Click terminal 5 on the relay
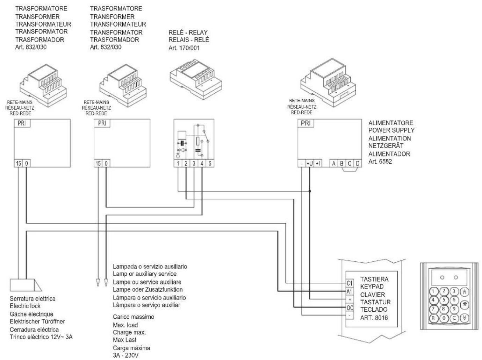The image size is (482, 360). coord(210,163)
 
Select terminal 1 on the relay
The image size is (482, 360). coord(178,163)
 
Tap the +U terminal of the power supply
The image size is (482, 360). coord(310,163)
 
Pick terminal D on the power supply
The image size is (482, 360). coord(358,163)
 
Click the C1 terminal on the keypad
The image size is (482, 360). coord(350,283)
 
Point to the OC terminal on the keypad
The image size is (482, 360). coord(350,308)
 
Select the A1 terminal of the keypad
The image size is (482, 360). coord(350,291)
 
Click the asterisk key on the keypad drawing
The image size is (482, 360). coord(465,304)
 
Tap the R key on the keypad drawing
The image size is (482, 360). coord(433,318)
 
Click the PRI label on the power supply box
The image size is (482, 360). coord(306,123)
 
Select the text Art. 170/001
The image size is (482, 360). coord(184,48)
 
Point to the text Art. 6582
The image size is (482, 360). coord(380,162)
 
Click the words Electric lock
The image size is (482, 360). coord(25,306)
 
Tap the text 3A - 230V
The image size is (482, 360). coord(125,355)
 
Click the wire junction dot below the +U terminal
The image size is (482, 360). coord(310,191)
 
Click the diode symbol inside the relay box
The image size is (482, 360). coord(182,150)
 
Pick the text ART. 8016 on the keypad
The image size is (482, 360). coord(374,318)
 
